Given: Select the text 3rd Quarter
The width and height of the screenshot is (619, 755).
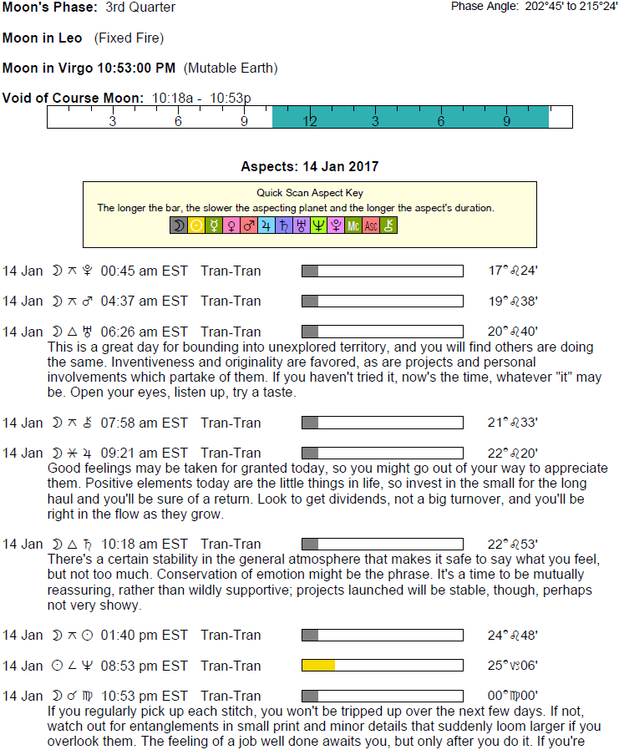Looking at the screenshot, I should point(140,8).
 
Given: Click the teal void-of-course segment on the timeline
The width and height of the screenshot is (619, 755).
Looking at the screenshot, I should point(409,117).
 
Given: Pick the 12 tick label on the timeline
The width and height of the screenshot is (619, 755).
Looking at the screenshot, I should point(310,121).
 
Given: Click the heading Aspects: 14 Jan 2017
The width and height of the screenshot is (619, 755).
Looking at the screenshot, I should point(309,167).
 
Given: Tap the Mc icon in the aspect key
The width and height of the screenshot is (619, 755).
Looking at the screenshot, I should point(353,225).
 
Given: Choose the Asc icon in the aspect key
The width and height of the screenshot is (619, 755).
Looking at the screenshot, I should point(371,225).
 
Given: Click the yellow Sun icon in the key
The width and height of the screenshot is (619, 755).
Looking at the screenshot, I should point(196,225).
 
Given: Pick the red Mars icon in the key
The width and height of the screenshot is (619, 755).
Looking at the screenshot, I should point(249,225).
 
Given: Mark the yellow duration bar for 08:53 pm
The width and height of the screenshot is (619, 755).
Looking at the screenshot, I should point(318,666).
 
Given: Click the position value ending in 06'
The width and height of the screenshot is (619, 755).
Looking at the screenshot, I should point(513,666).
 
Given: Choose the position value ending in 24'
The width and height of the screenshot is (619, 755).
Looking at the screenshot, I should point(513,271).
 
